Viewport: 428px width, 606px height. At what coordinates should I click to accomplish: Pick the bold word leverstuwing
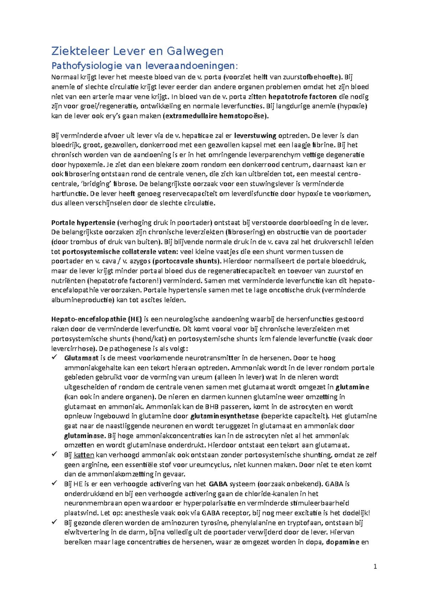255,136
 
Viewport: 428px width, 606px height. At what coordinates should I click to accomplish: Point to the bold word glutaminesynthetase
225,416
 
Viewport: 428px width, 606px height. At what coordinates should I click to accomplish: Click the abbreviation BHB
212,406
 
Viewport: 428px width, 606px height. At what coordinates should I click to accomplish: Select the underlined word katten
84,455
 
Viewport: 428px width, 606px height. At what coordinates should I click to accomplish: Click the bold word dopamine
342,542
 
